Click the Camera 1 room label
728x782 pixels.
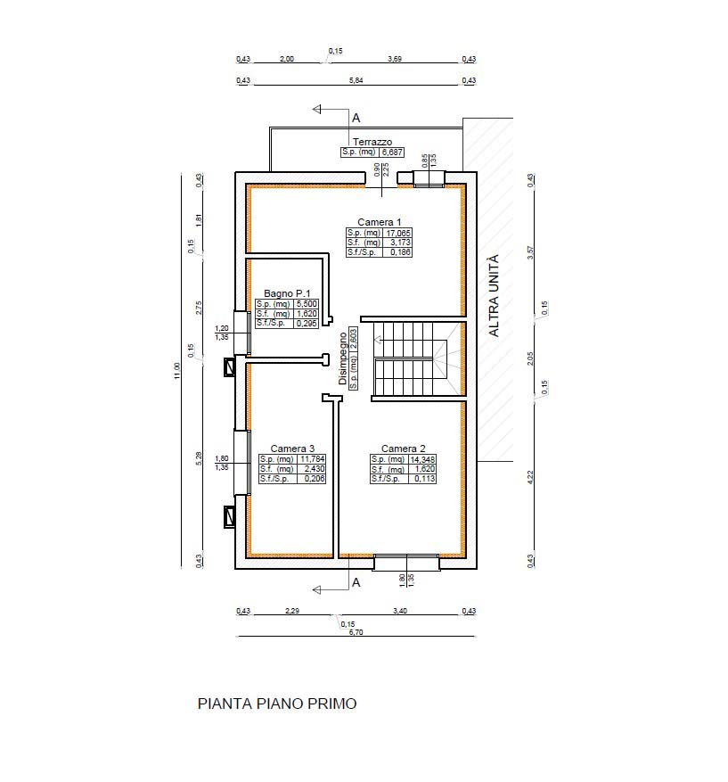coord(380,222)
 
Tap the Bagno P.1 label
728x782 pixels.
coord(287,293)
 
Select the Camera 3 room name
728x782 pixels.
coord(292,449)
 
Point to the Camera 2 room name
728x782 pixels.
coord(403,449)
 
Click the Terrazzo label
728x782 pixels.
coord(372,142)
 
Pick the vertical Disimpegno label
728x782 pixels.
coord(343,358)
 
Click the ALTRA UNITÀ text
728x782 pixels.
coord(494,296)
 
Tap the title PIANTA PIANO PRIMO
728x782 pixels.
coord(277,704)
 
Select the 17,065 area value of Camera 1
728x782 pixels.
coord(398,233)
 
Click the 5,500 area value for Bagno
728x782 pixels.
coord(307,304)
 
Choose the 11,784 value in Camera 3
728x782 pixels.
coord(313,459)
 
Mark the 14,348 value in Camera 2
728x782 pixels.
coord(422,459)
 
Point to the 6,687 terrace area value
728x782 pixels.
coord(392,152)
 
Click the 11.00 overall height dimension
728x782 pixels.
coord(177,371)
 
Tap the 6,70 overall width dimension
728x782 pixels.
coord(356,632)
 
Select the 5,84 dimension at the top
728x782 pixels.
coord(356,80)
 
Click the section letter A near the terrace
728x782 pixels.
coord(356,119)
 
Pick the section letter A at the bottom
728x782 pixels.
coord(356,582)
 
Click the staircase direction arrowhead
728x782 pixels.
coord(379,340)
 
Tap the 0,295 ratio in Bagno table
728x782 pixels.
coord(307,323)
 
